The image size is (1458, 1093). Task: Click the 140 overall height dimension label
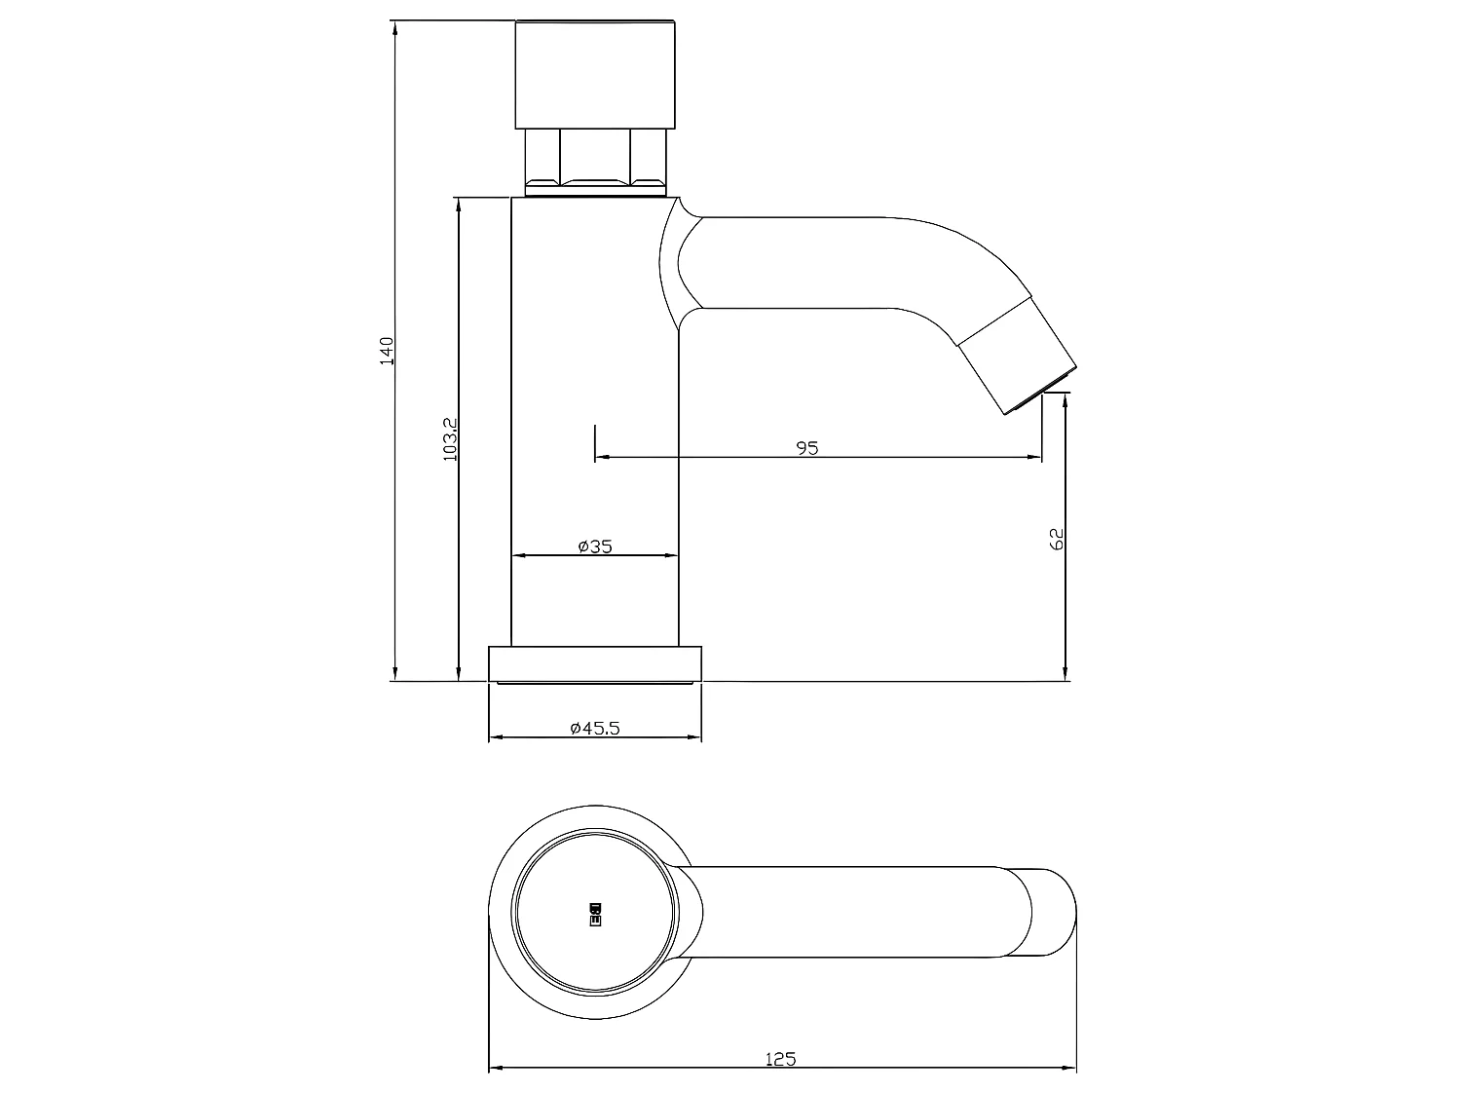(387, 351)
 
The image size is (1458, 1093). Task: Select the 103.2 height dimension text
(449, 438)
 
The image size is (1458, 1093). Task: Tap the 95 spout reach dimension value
(807, 448)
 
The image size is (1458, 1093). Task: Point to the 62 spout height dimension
(1058, 539)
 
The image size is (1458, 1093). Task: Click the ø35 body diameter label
(594, 546)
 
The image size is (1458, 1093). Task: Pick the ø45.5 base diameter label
(594, 728)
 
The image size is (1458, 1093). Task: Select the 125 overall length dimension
(781, 1059)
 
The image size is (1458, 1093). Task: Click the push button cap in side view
(594, 74)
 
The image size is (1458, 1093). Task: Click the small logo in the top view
(595, 912)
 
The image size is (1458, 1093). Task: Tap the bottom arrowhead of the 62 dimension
(1066, 673)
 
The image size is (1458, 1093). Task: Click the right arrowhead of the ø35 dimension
(671, 555)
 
